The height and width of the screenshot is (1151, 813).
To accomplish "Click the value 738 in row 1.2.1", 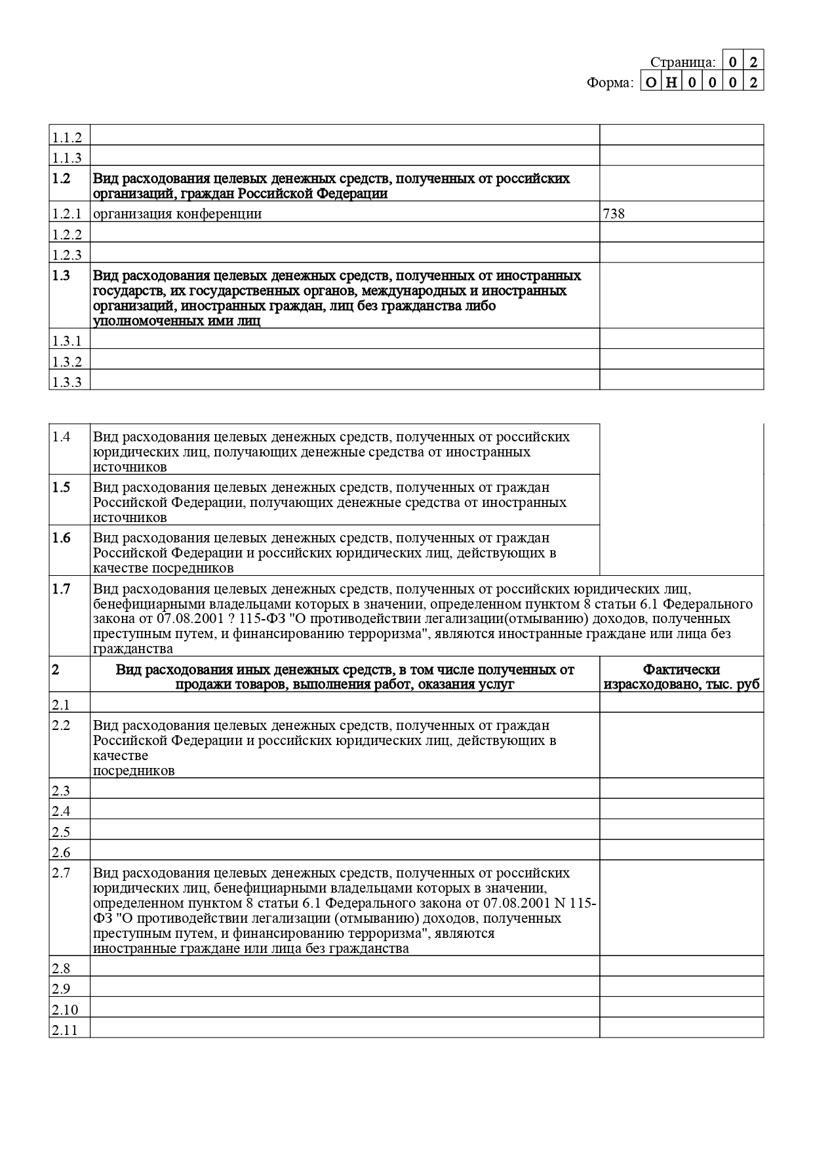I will tap(614, 214).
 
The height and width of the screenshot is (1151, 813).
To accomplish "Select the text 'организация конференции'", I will tap(177, 214).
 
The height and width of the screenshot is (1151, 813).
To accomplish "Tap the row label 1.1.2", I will tap(67, 138).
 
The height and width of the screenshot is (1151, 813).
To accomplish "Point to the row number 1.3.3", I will tap(67, 382).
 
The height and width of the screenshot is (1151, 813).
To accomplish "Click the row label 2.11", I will tap(65, 1030).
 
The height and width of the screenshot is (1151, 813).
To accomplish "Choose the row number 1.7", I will tap(61, 589).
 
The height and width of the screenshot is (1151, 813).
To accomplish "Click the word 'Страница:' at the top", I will tap(683, 62).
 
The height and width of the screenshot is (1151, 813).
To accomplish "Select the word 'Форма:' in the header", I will tap(610, 83).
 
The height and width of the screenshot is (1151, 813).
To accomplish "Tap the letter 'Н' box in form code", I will tap(671, 83).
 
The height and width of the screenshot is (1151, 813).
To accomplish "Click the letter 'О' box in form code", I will tap(650, 83).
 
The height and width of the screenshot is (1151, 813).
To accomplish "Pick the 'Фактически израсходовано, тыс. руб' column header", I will tap(681, 677).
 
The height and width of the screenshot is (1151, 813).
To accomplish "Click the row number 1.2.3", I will tap(67, 255).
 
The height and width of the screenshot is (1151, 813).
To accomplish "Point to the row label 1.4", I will tap(61, 437).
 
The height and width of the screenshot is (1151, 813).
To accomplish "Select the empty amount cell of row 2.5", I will tap(681, 831).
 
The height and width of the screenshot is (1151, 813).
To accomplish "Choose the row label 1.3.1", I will tap(67, 341).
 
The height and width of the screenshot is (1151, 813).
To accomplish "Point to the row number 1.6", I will tap(61, 538).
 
